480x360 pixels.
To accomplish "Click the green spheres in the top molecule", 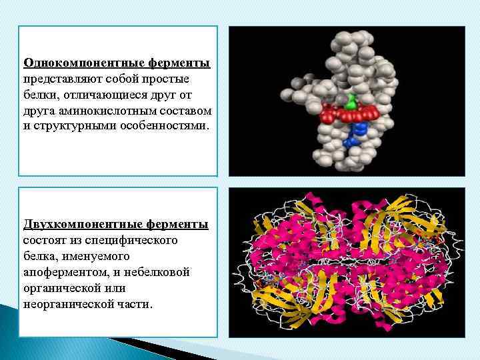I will coord(351,102).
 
